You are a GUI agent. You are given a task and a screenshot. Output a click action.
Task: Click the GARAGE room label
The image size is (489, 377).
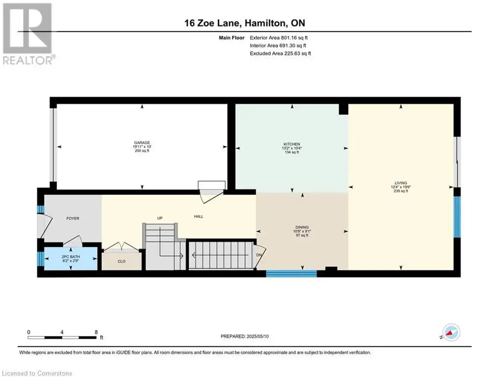(142, 143)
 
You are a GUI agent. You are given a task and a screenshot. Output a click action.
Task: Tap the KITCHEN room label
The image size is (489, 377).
(291, 144)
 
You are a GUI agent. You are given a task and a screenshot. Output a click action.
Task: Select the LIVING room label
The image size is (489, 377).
(401, 183)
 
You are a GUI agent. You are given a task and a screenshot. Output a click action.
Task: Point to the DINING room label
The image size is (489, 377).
(302, 227)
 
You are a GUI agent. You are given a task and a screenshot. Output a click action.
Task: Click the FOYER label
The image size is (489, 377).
(73, 218)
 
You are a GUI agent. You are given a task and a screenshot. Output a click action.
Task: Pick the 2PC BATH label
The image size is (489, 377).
(71, 257)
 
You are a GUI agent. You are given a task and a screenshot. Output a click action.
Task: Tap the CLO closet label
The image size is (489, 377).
(121, 262)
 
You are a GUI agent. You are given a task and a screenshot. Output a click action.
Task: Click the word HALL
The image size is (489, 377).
(199, 216)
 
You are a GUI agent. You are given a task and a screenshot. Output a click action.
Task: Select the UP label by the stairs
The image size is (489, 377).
(160, 218)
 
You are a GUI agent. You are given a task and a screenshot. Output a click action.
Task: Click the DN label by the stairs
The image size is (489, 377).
(259, 255)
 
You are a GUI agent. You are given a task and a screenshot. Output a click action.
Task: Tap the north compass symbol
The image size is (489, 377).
(451, 332)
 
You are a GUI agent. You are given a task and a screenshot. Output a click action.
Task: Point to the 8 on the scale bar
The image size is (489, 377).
(96, 332)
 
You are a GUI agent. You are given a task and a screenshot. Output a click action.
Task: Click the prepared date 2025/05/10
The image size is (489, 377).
(258, 336)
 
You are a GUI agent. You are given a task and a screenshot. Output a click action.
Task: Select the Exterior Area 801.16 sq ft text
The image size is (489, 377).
(279, 38)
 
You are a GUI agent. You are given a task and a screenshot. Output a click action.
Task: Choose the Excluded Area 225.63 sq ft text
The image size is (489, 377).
(280, 54)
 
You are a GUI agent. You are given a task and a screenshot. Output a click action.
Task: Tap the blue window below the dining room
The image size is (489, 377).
(291, 274)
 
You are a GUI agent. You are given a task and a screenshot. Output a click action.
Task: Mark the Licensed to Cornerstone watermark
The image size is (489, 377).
(37, 373)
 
